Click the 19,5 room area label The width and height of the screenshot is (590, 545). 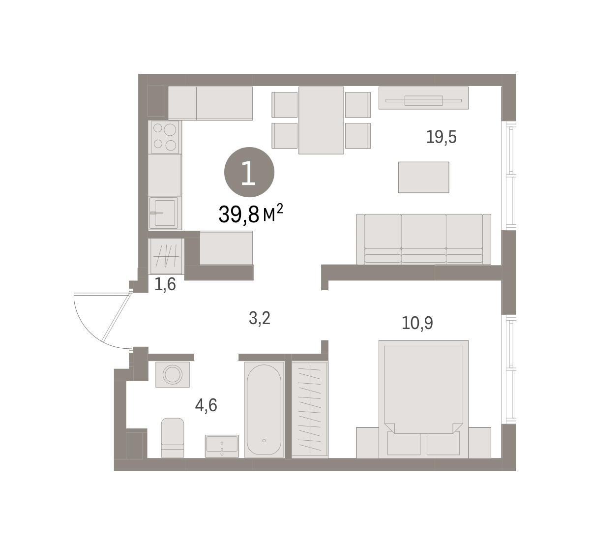pos(441,137)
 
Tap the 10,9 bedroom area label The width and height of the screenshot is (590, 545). pos(417,323)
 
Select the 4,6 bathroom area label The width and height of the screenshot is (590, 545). pos(206,405)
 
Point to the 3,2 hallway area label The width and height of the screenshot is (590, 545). pos(259,318)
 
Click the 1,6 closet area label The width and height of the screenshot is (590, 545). pos(165,284)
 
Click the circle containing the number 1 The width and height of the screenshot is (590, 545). pos(249,172)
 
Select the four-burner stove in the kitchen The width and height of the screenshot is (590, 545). pos(165,137)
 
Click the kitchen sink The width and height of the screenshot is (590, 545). pos(164,213)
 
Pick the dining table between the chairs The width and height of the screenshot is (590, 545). pos(321,121)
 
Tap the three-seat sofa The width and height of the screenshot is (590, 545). pos(423,240)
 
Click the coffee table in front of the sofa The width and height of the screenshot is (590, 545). pos(424,177)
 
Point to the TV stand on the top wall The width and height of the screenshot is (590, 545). pos(424,98)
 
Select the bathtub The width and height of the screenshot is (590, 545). pos(264,410)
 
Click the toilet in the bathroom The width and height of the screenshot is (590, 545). pos(173,438)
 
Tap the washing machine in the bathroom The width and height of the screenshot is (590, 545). pos(173,375)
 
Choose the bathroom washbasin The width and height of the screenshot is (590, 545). pos(222,446)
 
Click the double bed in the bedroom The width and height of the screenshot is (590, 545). pos(424,399)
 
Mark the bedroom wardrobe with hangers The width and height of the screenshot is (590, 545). pos(310,410)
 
